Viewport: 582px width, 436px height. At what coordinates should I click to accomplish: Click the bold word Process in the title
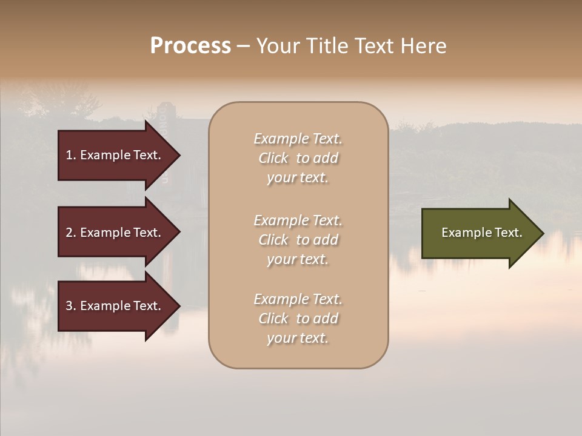[x=190, y=46]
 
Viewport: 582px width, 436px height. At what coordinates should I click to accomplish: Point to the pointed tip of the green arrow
[x=542, y=233]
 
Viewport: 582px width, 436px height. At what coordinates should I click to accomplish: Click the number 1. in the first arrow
[x=71, y=155]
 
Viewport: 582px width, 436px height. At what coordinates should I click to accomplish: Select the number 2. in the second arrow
[x=71, y=233]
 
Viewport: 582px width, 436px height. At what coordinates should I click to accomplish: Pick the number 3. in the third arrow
[x=71, y=306]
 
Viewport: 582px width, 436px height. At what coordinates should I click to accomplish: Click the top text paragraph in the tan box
[x=298, y=158]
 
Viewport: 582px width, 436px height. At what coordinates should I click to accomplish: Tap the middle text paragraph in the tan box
[x=298, y=240]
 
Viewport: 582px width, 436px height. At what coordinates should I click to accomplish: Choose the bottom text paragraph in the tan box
[x=298, y=319]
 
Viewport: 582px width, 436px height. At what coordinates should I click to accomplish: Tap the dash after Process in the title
[x=243, y=46]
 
